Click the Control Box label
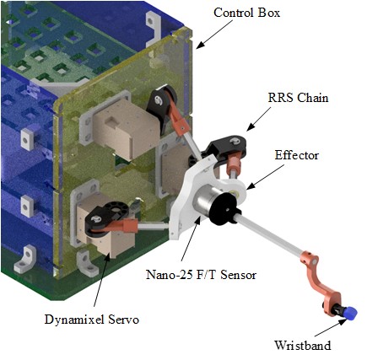246,13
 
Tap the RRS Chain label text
298,98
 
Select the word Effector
297,155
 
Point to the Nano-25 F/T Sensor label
201,274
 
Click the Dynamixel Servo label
92,320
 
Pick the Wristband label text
303,345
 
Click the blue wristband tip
351,313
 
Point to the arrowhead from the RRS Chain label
251,127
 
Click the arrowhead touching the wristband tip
342,322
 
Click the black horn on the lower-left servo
106,218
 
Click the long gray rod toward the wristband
268,234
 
